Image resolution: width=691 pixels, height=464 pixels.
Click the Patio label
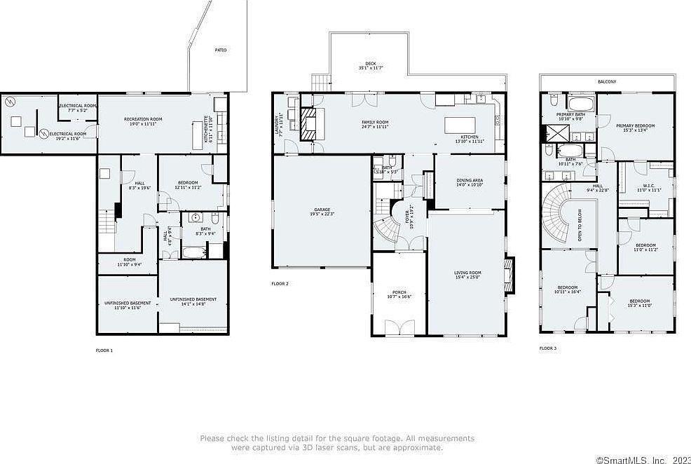(x=221, y=50)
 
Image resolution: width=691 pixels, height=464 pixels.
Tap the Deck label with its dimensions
(x=371, y=66)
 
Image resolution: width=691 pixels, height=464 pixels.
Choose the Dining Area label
(x=470, y=183)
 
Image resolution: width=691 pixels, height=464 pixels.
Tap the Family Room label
(x=375, y=124)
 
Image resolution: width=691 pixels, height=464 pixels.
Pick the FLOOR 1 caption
(x=104, y=350)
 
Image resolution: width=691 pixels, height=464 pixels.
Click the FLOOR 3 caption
(x=548, y=348)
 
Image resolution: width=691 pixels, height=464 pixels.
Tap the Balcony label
(x=607, y=82)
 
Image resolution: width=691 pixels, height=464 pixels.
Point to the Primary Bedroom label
(x=635, y=128)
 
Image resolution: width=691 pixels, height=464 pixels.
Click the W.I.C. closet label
(x=646, y=188)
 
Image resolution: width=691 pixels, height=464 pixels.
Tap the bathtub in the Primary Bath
(x=580, y=104)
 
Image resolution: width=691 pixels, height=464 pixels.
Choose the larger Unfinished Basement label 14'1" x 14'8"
(x=193, y=301)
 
